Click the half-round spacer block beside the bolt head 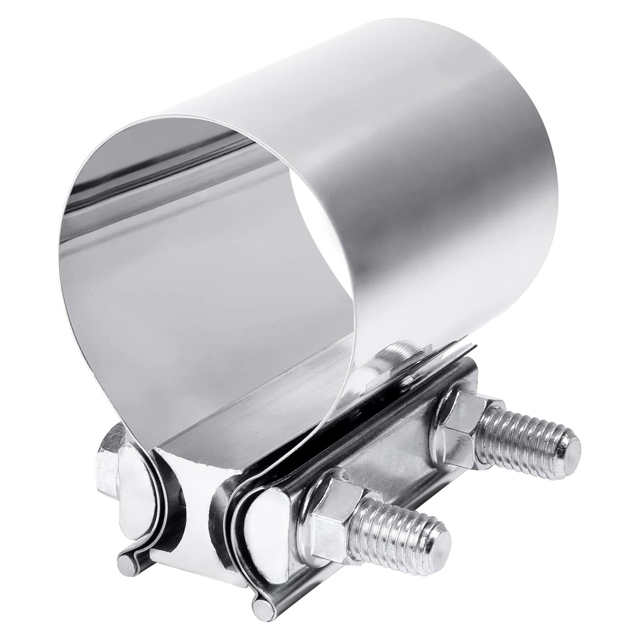click(x=135, y=491)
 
